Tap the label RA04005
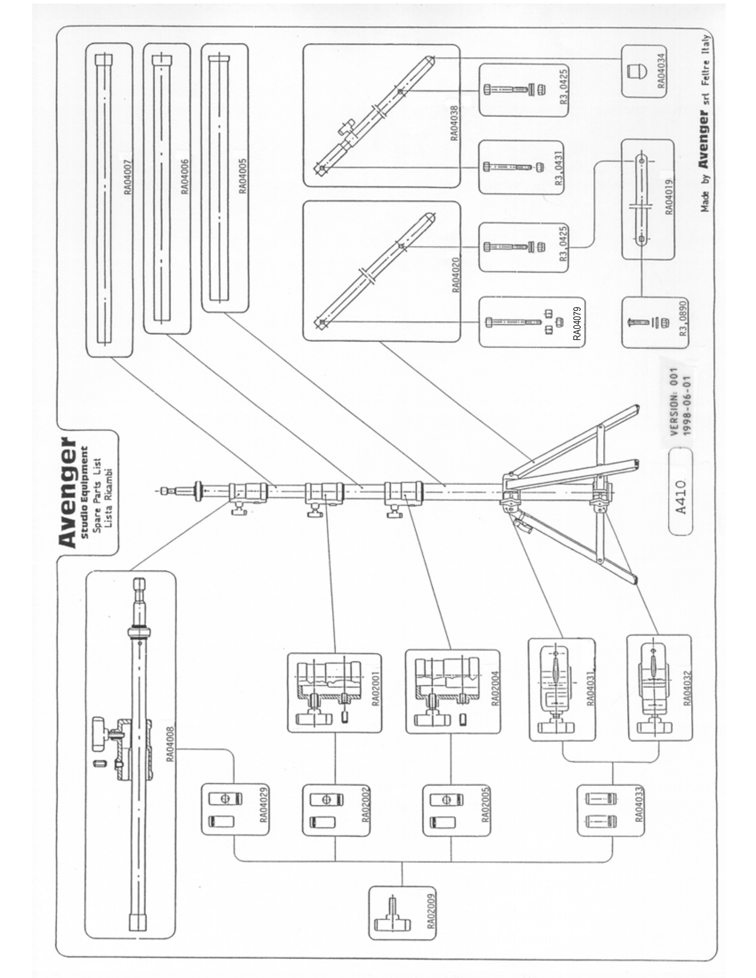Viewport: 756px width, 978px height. click(242, 176)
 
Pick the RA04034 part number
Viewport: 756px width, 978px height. click(661, 71)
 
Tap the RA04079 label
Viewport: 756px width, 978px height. click(577, 323)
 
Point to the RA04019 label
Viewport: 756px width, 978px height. click(669, 197)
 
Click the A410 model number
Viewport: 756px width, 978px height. click(680, 497)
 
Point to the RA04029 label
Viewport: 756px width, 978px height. click(264, 805)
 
